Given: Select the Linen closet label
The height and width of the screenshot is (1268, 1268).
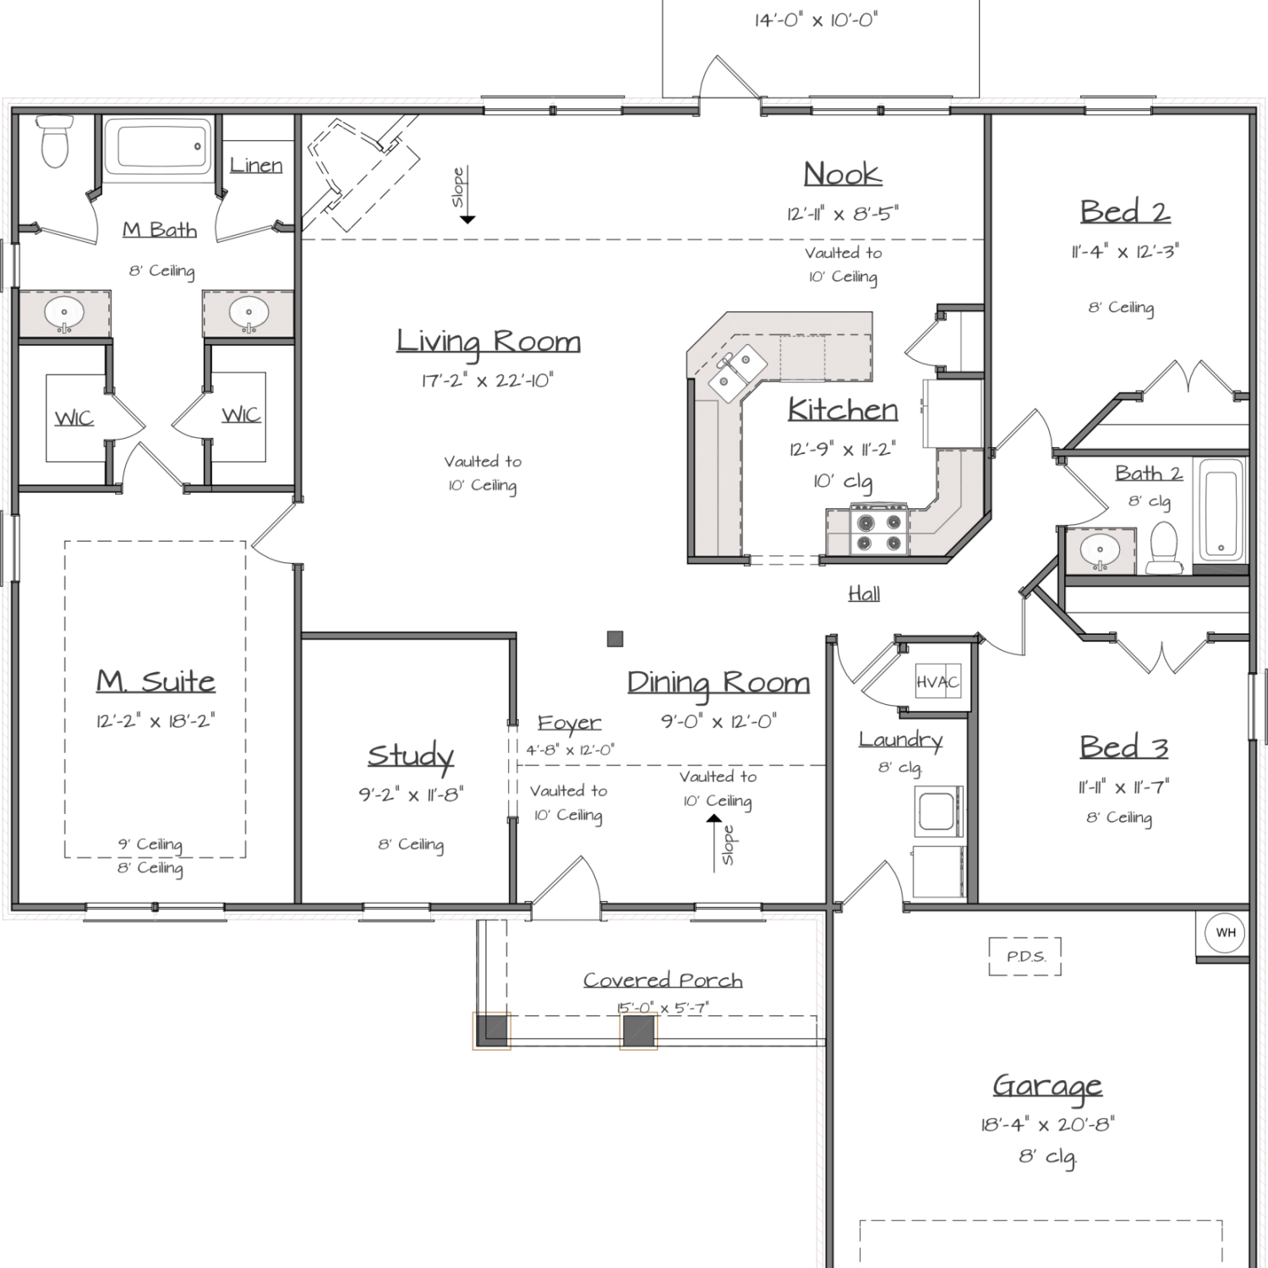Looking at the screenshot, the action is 256,165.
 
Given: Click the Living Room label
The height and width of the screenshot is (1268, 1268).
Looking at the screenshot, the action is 489,342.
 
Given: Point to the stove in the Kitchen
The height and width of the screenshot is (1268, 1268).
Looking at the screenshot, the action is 879,531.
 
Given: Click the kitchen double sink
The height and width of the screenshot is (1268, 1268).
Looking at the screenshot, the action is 737,371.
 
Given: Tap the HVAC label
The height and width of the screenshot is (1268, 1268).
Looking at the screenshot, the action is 937,682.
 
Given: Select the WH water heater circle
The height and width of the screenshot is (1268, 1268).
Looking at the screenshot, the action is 1225,933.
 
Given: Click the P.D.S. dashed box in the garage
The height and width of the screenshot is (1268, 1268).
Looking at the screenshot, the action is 1025,956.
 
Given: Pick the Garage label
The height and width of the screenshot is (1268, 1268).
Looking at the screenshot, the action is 1047,1085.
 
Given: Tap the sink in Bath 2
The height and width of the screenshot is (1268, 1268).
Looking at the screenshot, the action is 1099,551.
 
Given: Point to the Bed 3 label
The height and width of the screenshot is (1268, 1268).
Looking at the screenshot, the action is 1123,747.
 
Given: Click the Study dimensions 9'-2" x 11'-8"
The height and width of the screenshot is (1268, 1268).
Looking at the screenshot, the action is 411,795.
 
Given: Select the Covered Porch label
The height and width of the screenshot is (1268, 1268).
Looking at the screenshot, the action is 663,980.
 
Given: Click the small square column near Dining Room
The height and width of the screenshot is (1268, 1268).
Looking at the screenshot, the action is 615,639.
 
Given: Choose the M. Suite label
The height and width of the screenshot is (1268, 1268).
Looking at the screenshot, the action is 156,681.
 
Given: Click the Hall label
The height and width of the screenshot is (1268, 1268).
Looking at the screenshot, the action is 864,593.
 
